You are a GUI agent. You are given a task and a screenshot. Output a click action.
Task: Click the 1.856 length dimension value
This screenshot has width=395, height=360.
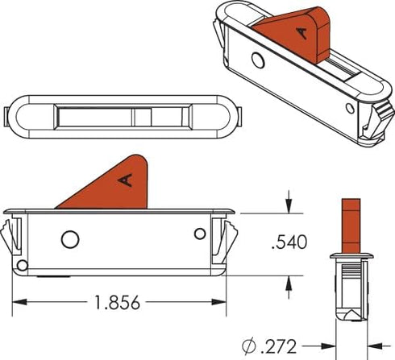[x=118, y=303]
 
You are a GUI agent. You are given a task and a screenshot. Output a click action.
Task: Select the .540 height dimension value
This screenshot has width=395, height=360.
[x=289, y=242]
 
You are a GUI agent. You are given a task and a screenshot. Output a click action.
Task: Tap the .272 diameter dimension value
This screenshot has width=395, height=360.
[x=278, y=346]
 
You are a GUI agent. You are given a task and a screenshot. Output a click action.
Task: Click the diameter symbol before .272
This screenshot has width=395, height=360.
[x=249, y=346]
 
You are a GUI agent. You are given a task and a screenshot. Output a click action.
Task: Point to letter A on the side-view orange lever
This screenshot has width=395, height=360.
[x=126, y=180]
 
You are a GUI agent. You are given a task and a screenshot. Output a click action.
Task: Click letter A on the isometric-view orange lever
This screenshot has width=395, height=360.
[x=302, y=33]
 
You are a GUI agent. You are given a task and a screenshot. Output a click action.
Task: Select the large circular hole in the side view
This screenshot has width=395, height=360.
[x=70, y=239]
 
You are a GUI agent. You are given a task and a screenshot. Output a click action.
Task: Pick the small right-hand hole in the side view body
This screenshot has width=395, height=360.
[x=200, y=234]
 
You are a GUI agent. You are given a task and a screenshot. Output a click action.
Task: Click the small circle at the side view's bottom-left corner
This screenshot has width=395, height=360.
[x=23, y=266]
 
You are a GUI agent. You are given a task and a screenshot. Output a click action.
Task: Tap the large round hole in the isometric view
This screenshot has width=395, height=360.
[x=258, y=60]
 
